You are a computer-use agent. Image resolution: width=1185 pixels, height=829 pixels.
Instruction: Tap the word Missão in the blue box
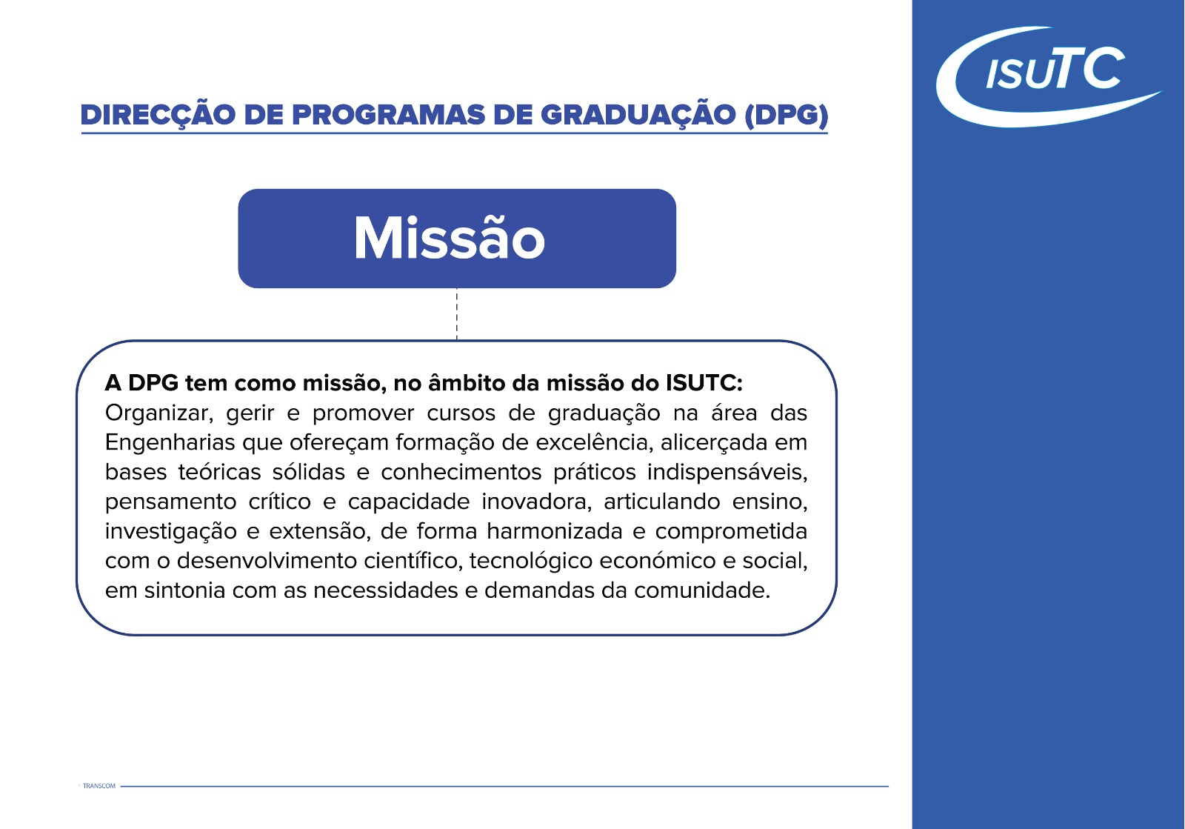coord(449,238)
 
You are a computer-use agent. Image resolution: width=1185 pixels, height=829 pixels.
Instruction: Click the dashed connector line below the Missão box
coord(456,313)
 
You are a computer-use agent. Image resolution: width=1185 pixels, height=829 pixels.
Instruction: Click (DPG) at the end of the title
coord(786,116)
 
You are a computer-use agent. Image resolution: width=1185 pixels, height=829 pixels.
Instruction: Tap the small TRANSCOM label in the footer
coord(99,785)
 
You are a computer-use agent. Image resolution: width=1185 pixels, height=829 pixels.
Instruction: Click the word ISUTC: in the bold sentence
coord(704,383)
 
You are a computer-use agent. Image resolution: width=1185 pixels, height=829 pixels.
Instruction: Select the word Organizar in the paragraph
coord(158,413)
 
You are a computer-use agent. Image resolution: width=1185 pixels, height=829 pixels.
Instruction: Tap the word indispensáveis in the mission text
coord(727,473)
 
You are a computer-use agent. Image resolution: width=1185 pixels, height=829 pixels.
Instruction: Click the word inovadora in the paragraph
coord(536,502)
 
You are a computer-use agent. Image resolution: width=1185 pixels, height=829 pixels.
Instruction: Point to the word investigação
coord(171,532)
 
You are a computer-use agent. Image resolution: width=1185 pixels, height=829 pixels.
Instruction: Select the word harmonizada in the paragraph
coord(555,531)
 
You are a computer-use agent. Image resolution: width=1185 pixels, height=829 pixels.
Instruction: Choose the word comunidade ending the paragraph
coord(702,590)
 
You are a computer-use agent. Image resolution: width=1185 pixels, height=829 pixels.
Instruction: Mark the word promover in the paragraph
coord(363,413)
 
